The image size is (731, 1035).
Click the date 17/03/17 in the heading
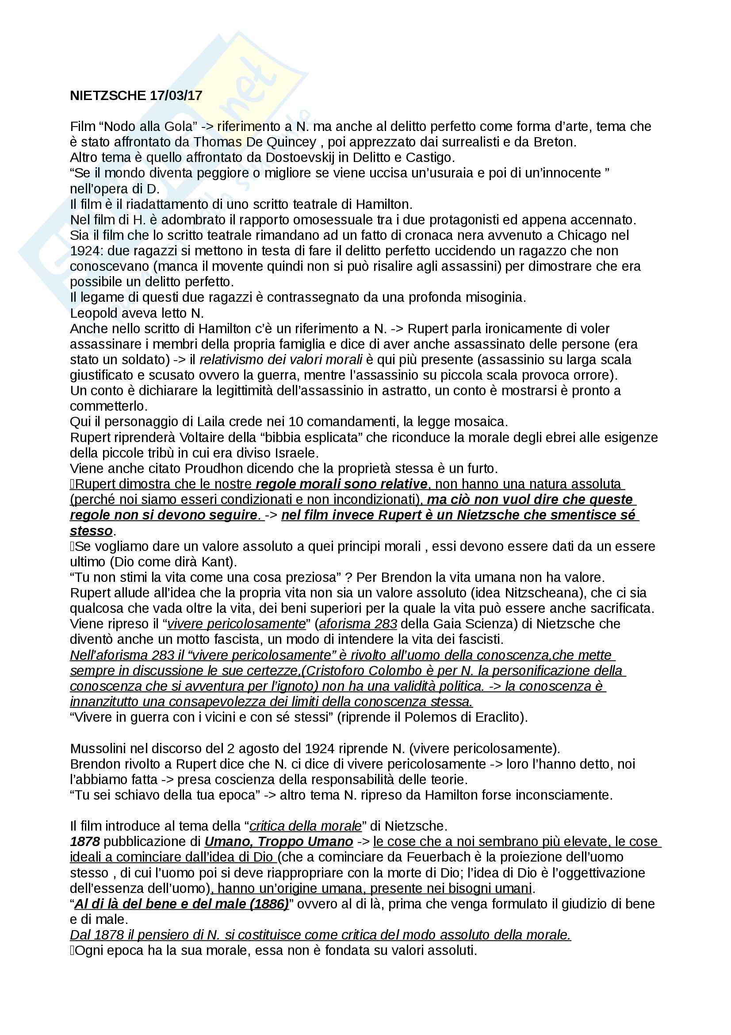click(x=176, y=96)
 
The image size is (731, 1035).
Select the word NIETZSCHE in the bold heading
click(x=108, y=96)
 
